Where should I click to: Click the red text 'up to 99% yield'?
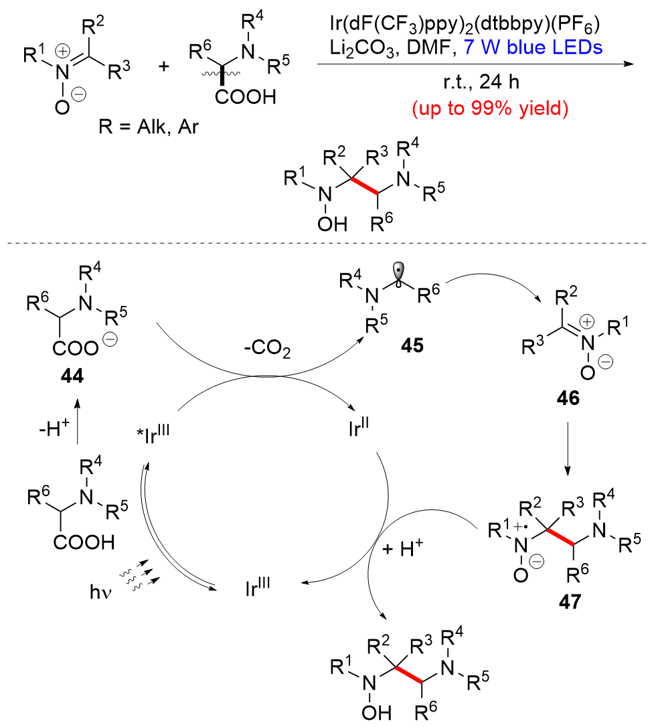tap(477, 109)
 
